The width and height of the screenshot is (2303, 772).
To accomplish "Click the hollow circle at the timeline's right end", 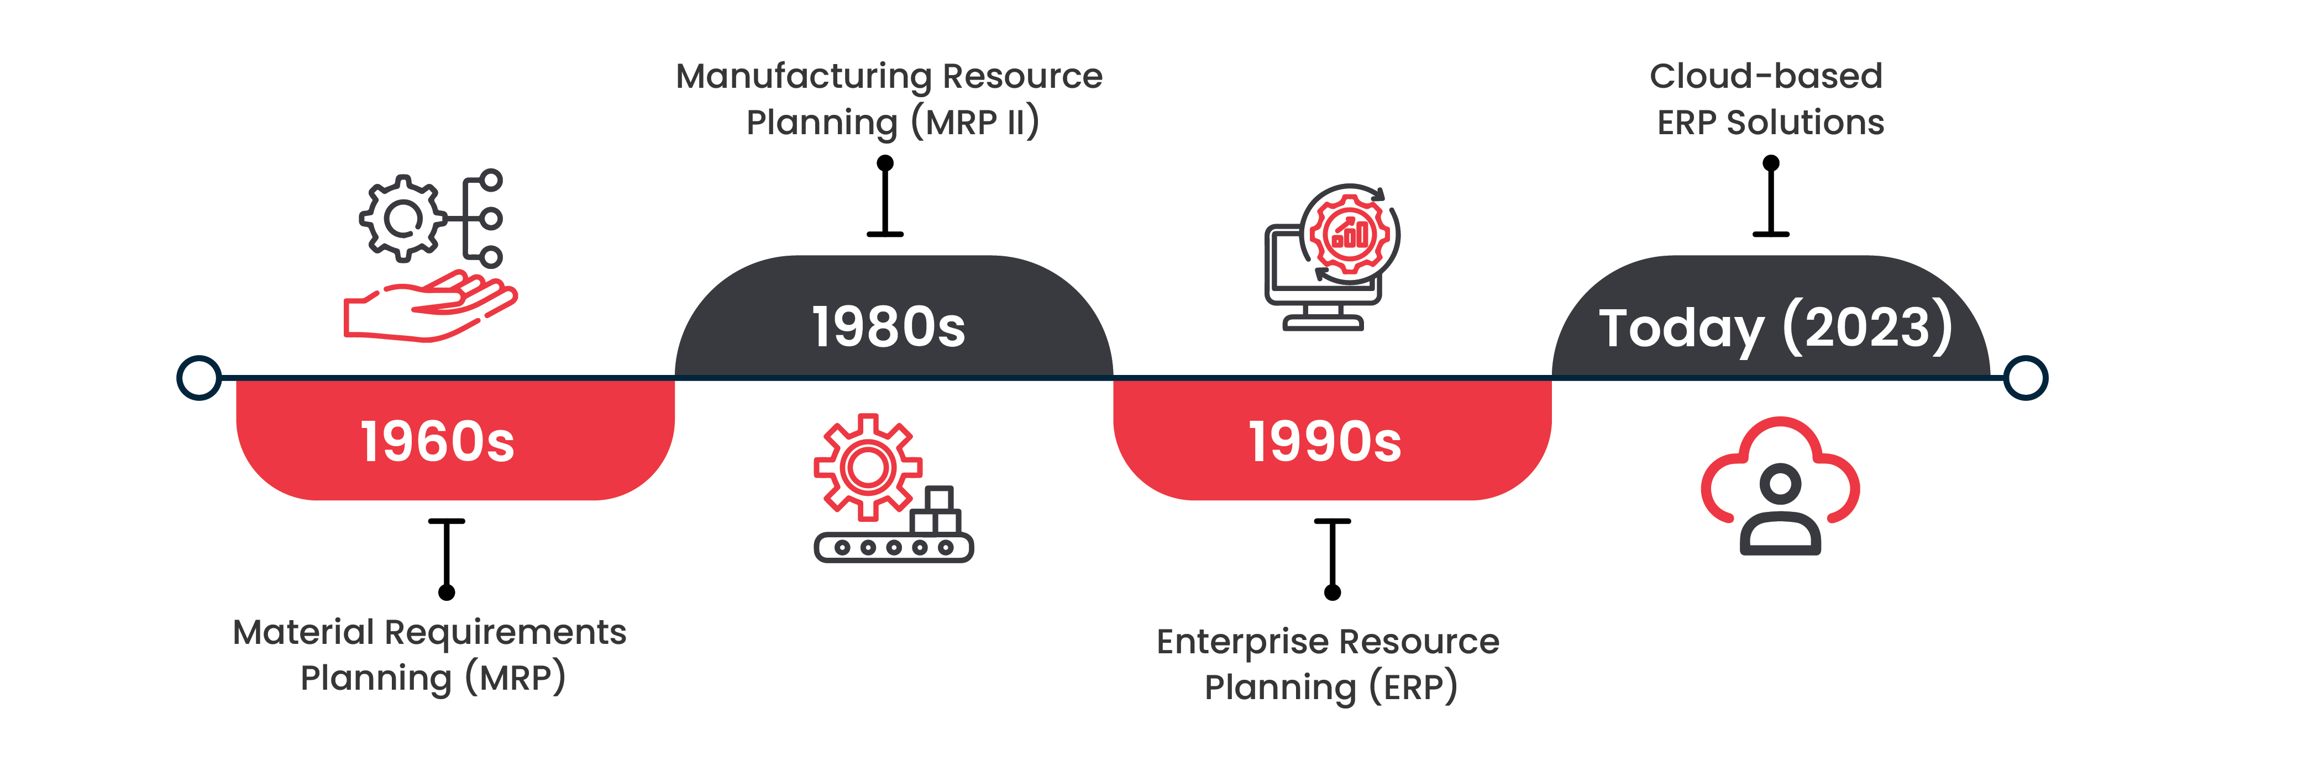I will tap(2026, 378).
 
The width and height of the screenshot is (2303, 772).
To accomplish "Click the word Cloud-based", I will tap(1766, 77).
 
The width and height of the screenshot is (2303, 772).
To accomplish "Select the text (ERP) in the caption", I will tap(1413, 687).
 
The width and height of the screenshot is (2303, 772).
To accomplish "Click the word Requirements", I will tap(505, 633).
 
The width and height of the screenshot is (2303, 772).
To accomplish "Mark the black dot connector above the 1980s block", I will tap(885, 162).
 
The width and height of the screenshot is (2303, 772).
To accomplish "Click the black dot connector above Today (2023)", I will tap(1771, 162).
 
